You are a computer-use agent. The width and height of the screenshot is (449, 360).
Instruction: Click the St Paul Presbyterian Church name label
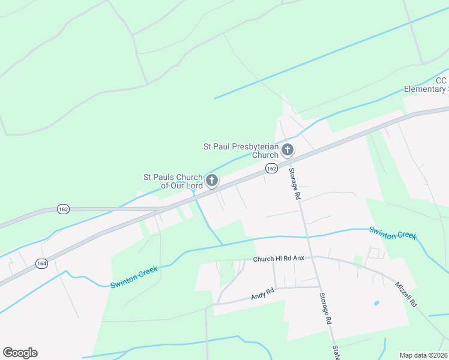click(241, 151)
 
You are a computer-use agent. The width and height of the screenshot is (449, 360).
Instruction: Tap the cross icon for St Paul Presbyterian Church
click(288, 149)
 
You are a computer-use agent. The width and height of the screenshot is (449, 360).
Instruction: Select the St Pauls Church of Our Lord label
click(172, 181)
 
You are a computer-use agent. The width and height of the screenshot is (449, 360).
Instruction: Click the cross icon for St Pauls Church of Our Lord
click(211, 180)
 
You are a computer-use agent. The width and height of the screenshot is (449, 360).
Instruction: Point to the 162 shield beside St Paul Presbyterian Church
click(272, 169)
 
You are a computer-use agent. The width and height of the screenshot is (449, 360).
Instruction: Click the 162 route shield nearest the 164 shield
click(63, 209)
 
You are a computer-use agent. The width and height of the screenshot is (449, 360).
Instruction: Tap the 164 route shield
click(41, 263)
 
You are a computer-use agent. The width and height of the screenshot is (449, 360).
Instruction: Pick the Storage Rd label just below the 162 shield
click(294, 184)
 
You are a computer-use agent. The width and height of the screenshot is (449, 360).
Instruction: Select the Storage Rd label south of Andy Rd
click(325, 308)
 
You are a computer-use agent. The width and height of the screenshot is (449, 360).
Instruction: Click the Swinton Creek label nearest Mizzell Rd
click(393, 233)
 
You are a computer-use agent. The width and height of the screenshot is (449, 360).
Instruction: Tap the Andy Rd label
click(262, 294)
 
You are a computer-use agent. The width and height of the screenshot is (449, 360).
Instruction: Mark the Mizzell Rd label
click(405, 295)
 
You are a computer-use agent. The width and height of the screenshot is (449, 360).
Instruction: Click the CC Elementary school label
click(427, 85)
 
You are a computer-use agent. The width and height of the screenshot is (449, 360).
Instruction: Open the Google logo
click(20, 353)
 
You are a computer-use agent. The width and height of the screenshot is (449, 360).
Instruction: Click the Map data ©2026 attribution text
click(424, 355)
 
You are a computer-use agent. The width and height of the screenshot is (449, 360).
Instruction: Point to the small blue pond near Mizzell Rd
click(376, 303)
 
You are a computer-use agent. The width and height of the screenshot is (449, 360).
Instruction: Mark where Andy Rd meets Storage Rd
click(319, 287)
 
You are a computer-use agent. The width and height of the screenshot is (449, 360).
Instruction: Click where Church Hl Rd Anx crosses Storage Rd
click(311, 257)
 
